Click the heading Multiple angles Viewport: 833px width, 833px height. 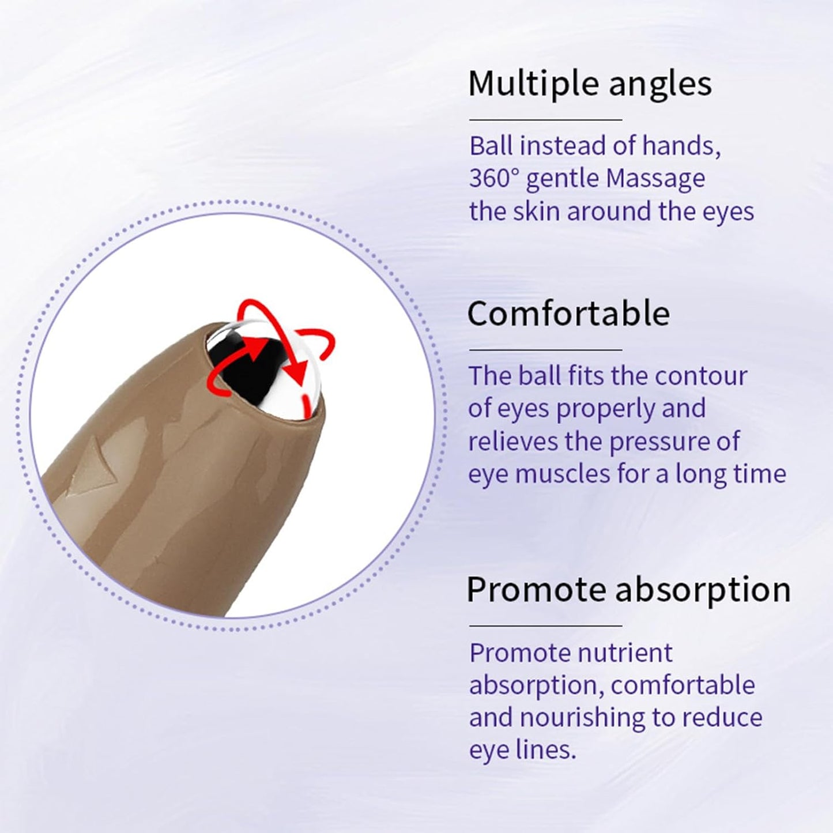pos(590,84)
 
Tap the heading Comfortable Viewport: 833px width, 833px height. pos(568,314)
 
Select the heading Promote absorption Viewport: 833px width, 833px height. pos(628,590)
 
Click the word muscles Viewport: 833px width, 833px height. pos(562,474)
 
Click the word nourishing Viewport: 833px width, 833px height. pos(582,718)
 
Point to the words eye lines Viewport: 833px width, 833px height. pos(522,750)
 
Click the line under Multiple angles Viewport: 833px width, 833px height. pos(545,120)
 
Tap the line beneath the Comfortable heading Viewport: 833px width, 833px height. pos(545,349)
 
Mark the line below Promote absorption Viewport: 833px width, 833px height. pos(545,625)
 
